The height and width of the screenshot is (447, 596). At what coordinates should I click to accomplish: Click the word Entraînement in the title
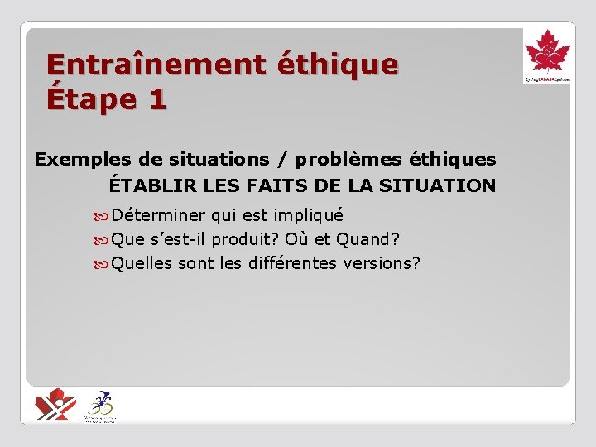155,65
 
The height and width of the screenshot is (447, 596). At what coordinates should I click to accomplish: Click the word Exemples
81,159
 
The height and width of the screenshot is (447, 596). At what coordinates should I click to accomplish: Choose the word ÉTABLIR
148,185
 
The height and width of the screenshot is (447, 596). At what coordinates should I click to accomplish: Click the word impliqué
308,215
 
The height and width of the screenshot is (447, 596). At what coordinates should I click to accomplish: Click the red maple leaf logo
547,54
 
